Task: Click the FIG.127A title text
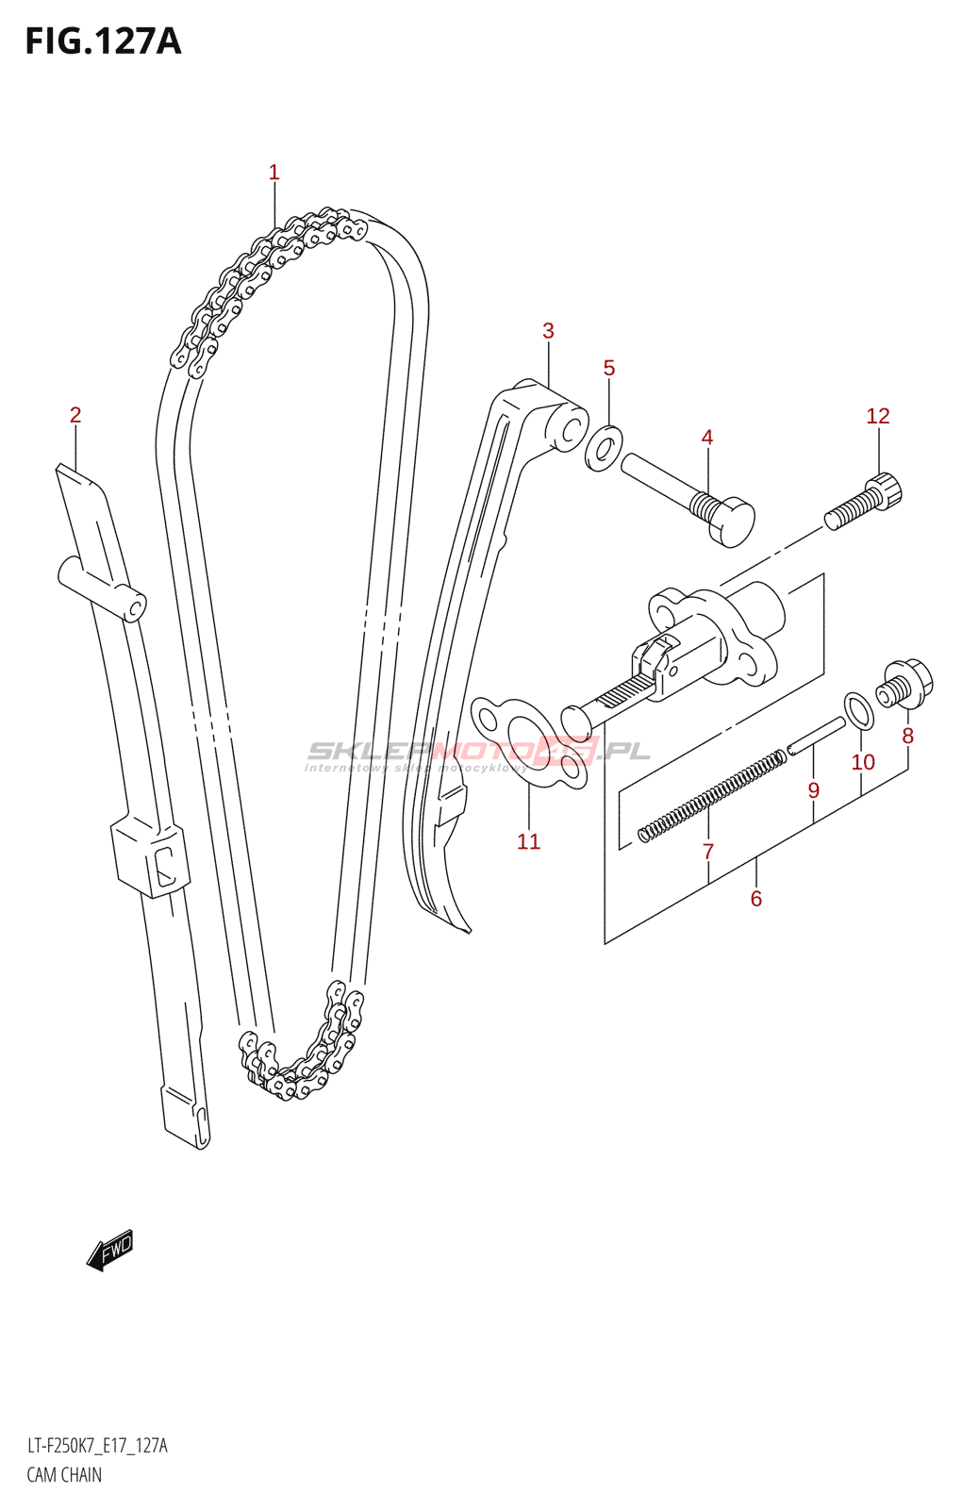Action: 102,41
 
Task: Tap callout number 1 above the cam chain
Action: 274,173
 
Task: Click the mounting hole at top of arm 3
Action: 571,432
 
